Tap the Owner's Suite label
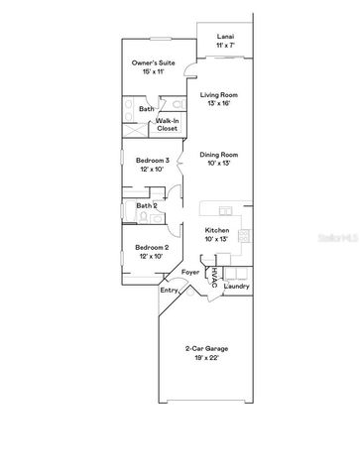pyautogui.click(x=153, y=62)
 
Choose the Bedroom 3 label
pyautogui.click(x=153, y=161)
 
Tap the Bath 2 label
pyautogui.click(x=147, y=206)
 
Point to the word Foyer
pyautogui.click(x=190, y=270)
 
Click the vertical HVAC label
pyautogui.click(x=214, y=279)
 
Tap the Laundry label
pyautogui.click(x=237, y=287)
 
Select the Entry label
pyautogui.click(x=169, y=291)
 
